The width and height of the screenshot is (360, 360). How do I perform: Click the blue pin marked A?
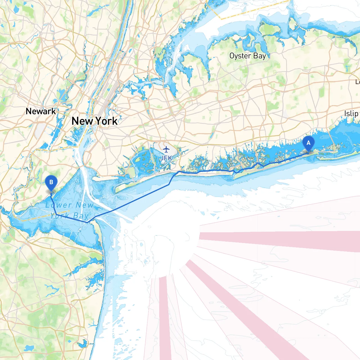[x=309, y=144]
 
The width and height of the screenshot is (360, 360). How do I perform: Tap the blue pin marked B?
[x=51, y=183]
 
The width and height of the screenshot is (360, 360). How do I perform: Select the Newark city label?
[x=41, y=111]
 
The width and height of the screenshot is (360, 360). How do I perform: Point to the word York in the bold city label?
[x=107, y=121]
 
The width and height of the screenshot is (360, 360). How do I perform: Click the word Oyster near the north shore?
[x=240, y=56]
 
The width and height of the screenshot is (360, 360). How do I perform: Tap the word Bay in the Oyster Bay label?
[x=259, y=56]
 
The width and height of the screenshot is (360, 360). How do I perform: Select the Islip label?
[x=351, y=114]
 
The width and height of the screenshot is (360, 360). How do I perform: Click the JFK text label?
[x=166, y=158]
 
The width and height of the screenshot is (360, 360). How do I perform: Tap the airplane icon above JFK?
[x=166, y=149]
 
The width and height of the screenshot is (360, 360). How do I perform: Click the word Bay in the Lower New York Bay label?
[x=81, y=216]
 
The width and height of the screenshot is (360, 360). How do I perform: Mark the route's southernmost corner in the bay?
[x=87, y=222]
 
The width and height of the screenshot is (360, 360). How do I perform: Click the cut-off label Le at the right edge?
[x=357, y=82]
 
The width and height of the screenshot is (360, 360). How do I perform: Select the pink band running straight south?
[x=165, y=318]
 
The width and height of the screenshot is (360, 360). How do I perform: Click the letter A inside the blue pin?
[x=309, y=143]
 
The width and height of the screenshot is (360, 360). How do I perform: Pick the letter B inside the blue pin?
[x=51, y=182]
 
